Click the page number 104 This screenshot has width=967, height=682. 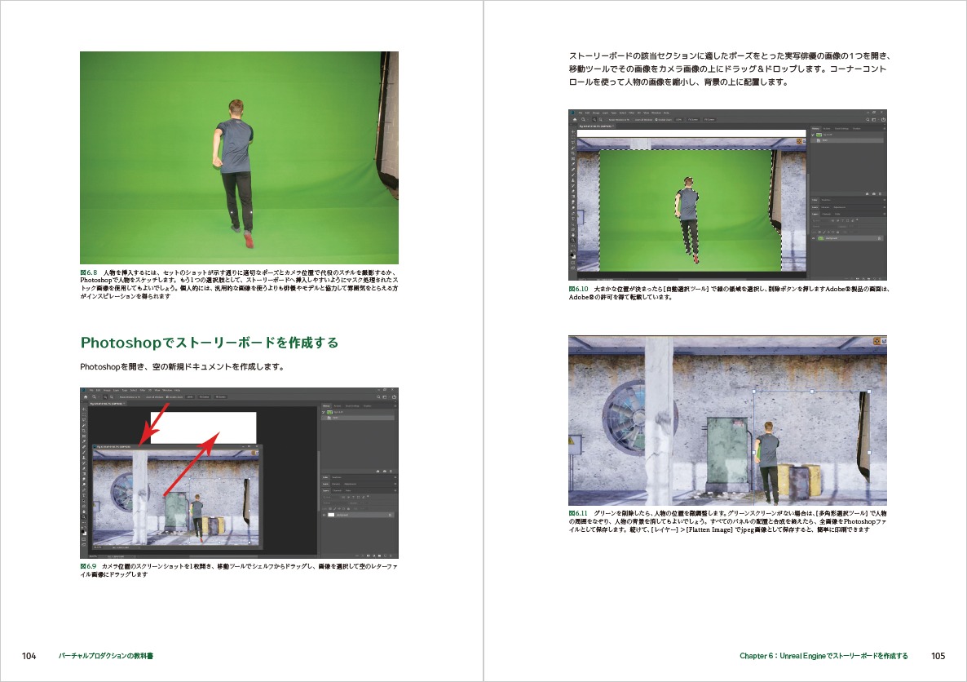(x=29, y=656)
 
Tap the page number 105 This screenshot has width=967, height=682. (x=938, y=656)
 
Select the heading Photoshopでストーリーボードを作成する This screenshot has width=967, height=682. (x=209, y=343)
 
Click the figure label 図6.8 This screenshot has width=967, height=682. (x=89, y=272)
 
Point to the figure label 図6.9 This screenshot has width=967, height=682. (x=89, y=566)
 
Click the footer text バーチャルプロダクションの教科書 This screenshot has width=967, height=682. (x=107, y=656)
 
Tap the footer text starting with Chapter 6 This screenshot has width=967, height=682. (x=823, y=656)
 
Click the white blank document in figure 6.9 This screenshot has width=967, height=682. (x=204, y=426)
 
